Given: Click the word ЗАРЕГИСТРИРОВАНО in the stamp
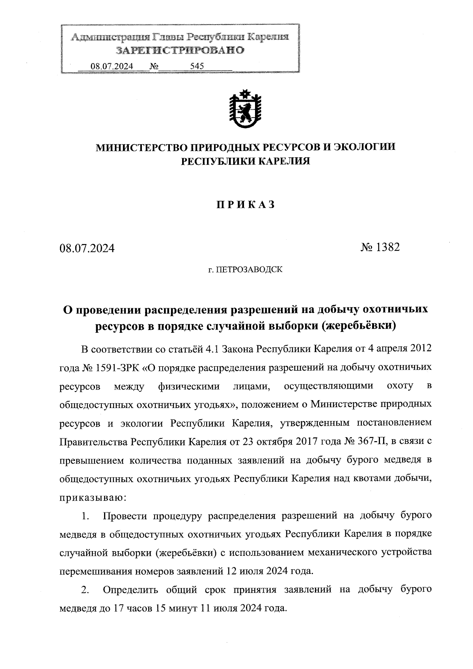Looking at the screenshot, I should [180, 50].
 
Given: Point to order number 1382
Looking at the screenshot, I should [388, 247].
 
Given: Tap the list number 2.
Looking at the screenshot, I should [85, 590].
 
